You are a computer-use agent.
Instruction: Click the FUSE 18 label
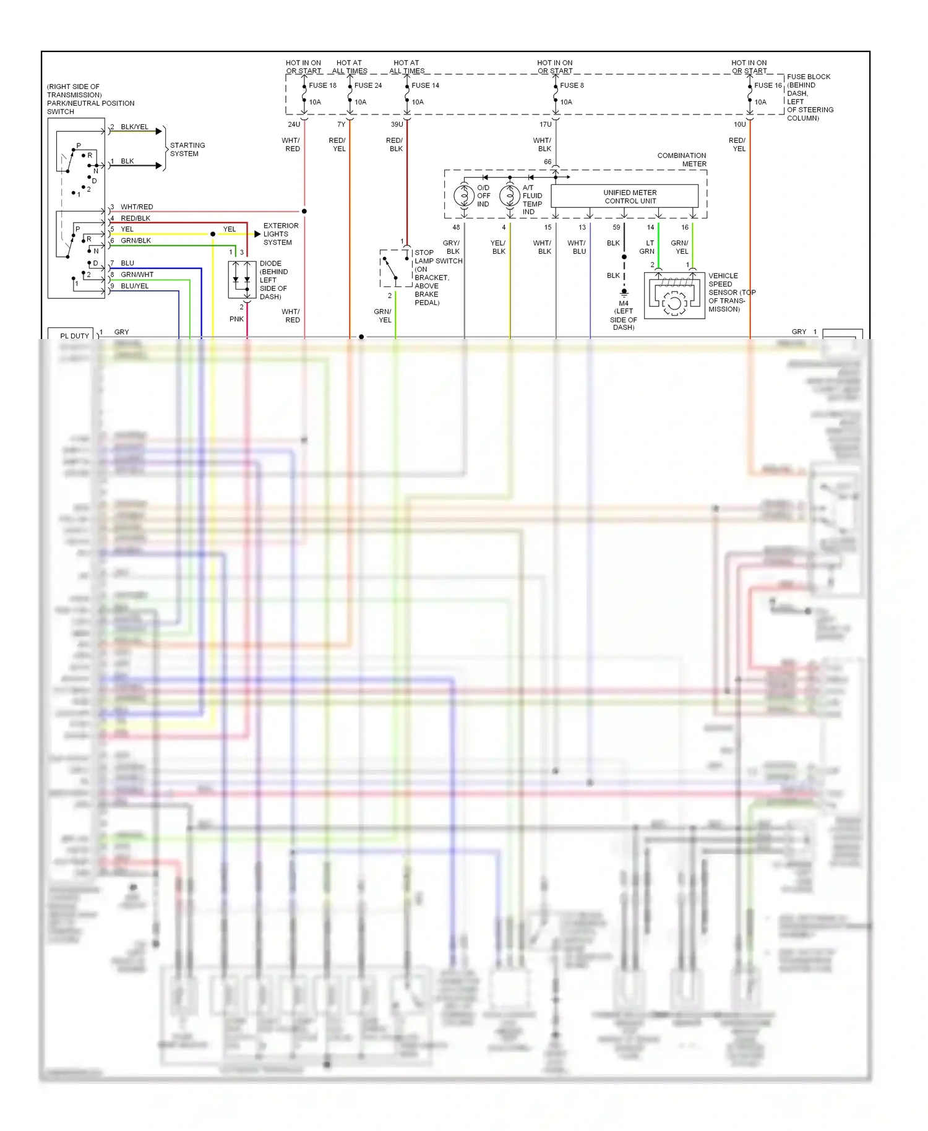[x=322, y=85]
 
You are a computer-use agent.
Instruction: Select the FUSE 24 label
[x=368, y=85]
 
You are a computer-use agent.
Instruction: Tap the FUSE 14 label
[x=425, y=85]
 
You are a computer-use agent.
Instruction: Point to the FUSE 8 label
[x=572, y=85]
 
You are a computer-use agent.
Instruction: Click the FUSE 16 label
[x=768, y=85]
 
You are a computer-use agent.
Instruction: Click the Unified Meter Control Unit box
[x=624, y=196]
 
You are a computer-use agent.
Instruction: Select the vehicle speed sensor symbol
[x=674, y=296]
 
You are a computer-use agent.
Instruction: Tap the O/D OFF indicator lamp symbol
[x=464, y=196]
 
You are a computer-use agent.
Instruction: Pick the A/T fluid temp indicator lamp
[x=510, y=196]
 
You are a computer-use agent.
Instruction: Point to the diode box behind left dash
[x=242, y=280]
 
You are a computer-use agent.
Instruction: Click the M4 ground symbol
[x=624, y=292]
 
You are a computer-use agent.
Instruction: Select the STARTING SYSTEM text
[x=187, y=149]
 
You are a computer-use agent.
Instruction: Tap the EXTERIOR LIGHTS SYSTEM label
[x=280, y=234]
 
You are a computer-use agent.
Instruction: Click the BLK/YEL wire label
[x=134, y=127]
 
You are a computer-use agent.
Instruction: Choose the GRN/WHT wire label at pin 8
[x=137, y=274]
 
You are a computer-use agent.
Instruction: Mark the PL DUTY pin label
[x=74, y=336]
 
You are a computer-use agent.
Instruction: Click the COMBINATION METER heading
[x=682, y=160]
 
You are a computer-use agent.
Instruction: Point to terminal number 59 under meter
[x=616, y=227]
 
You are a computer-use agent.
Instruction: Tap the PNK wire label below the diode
[x=236, y=319]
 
